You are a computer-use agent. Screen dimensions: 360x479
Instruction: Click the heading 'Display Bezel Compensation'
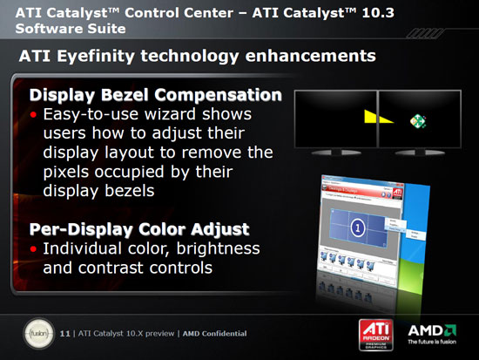156,94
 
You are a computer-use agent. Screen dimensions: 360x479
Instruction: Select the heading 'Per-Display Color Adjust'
139,229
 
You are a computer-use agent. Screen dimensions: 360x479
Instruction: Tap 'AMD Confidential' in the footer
213,333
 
